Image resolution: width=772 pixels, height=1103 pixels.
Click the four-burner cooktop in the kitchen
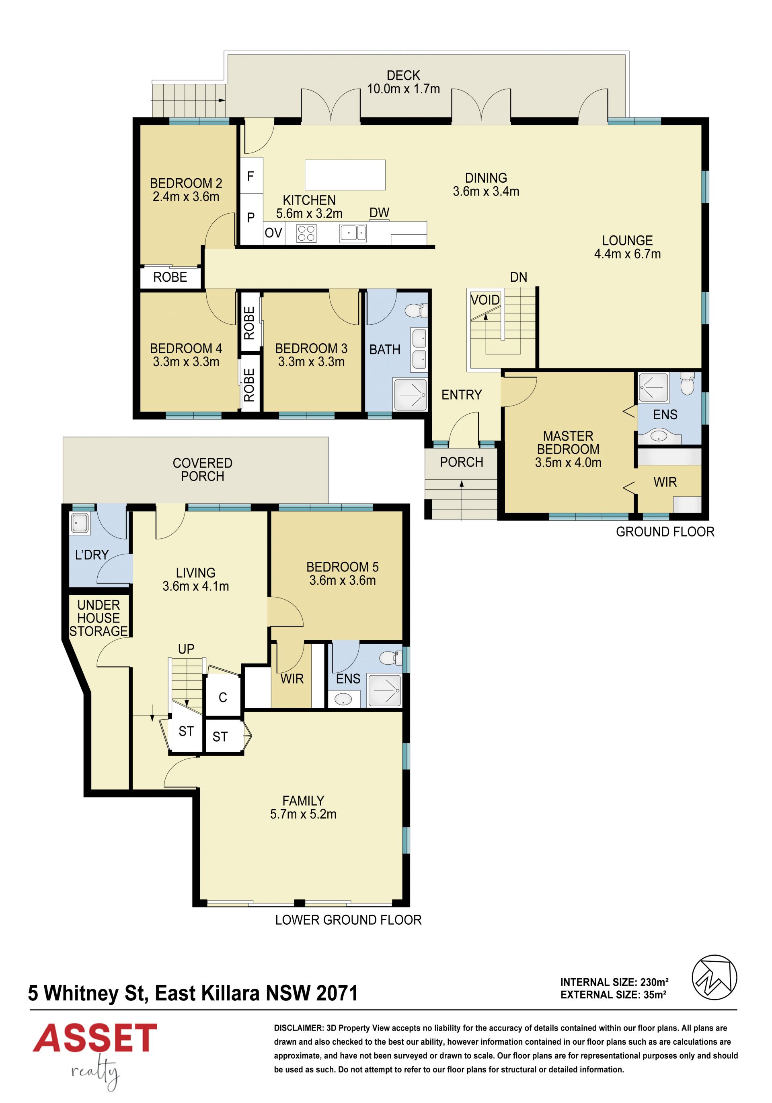pyautogui.click(x=306, y=233)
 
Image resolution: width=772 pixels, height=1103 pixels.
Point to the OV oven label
pyautogui.click(x=273, y=233)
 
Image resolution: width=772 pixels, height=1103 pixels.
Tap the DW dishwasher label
pyautogui.click(x=379, y=213)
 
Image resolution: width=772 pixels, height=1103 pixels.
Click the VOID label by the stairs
pyautogui.click(x=485, y=300)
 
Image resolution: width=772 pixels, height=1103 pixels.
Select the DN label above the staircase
pyautogui.click(x=519, y=277)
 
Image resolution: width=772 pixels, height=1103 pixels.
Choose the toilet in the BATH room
pyautogui.click(x=416, y=311)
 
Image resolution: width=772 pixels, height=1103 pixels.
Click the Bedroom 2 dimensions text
pyautogui.click(x=186, y=196)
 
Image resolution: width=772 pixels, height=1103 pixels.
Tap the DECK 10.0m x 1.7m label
pyautogui.click(x=403, y=82)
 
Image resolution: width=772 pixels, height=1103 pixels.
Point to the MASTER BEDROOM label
pyautogui.click(x=568, y=443)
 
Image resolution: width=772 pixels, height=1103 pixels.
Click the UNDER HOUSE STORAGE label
pyautogui.click(x=99, y=618)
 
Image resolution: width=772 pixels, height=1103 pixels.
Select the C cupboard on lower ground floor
pyautogui.click(x=223, y=697)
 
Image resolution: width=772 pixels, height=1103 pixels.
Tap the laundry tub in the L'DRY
pyautogui.click(x=80, y=523)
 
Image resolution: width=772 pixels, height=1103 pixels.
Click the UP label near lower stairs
pyautogui.click(x=186, y=649)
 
